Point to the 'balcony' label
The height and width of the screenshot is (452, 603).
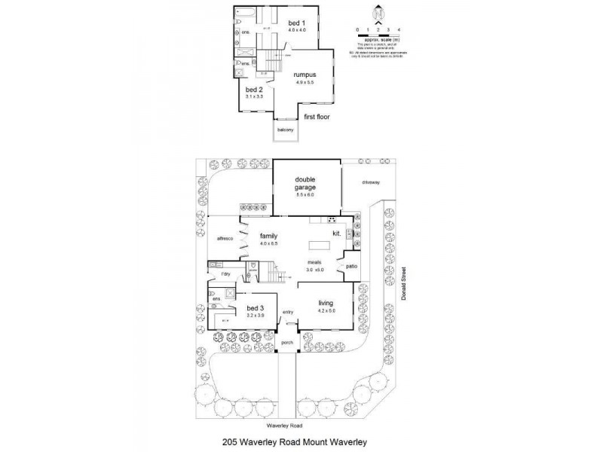(285, 130)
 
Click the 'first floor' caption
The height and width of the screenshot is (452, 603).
(317, 118)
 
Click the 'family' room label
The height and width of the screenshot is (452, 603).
(269, 235)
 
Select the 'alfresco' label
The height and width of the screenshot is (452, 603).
(225, 239)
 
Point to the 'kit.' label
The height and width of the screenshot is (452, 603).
(337, 234)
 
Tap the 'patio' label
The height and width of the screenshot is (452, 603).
(350, 266)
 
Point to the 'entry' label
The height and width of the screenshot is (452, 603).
(287, 312)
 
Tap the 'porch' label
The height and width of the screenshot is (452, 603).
(286, 342)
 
